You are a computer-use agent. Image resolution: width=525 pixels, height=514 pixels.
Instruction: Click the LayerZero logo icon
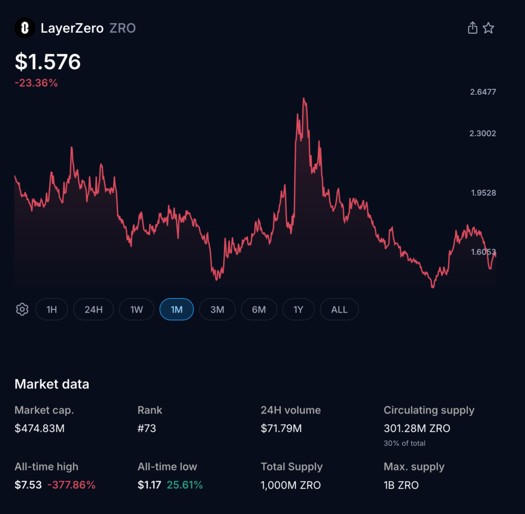pos(25,28)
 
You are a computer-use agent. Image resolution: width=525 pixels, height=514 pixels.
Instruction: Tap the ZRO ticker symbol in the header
pos(123,28)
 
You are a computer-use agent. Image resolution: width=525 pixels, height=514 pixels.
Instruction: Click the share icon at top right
pos(472,28)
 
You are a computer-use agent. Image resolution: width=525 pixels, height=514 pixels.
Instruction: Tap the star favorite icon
pos(489,28)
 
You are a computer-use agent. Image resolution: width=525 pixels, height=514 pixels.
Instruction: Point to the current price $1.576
pos(48,62)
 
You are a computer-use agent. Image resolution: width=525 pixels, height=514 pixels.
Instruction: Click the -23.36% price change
pos(36,83)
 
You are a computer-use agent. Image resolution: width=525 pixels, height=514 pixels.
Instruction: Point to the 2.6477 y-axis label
pos(483,92)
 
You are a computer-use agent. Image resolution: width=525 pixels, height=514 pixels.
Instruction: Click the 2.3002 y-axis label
pos(483,133)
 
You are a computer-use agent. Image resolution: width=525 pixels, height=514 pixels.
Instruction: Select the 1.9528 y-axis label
pos(483,193)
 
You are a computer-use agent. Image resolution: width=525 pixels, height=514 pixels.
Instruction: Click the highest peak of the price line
pos(304,98)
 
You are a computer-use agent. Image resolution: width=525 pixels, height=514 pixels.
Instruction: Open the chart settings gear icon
pos(22,310)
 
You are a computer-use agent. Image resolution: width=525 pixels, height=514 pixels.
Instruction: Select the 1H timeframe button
pos(51,310)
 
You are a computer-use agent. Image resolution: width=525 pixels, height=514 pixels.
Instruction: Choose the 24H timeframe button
pos(93,310)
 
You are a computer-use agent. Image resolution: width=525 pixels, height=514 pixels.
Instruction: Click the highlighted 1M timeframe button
pos(176,310)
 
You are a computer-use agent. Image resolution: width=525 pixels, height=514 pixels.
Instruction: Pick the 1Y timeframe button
pos(298,310)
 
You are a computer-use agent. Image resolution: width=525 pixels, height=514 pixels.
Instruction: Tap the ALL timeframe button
pos(339,310)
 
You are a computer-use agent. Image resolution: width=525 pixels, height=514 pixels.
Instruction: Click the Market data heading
pos(52,384)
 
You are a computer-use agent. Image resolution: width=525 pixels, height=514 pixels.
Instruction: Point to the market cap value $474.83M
pos(39,428)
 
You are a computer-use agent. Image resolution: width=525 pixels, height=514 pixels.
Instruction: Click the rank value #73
pos(147,428)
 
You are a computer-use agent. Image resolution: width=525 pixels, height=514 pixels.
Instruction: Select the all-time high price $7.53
pos(28,485)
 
